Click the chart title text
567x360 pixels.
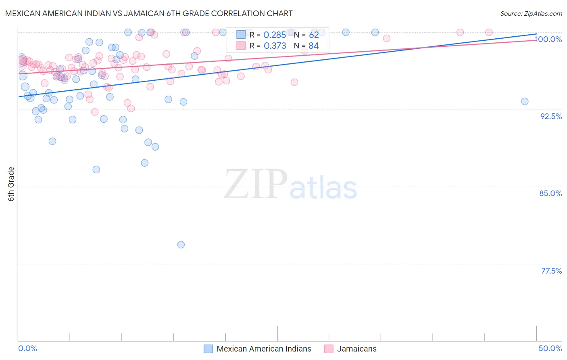[x=149, y=13]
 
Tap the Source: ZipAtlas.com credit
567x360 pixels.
[x=531, y=13]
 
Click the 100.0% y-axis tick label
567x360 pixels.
[x=548, y=40]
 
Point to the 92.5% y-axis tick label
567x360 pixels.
[x=551, y=116]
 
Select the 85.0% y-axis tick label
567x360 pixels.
[x=550, y=193]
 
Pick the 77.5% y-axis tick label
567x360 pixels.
[x=551, y=271]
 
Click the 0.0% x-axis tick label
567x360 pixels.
[x=27, y=348]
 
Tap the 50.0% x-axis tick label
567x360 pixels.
[x=550, y=348]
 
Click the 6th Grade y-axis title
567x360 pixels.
[x=11, y=184]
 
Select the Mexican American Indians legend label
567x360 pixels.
[x=264, y=349]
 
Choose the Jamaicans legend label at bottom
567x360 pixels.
[x=356, y=349]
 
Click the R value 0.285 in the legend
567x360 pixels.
[x=275, y=35]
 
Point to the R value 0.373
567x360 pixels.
[x=275, y=46]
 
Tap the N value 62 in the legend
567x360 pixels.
[x=314, y=35]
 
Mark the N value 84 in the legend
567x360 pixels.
[x=314, y=46]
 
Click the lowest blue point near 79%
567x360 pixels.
[x=181, y=245]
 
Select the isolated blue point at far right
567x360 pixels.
[x=524, y=101]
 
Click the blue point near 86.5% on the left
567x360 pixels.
[x=96, y=170]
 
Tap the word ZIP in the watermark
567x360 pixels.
[x=256, y=184]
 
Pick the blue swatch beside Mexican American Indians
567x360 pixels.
[x=208, y=349]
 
